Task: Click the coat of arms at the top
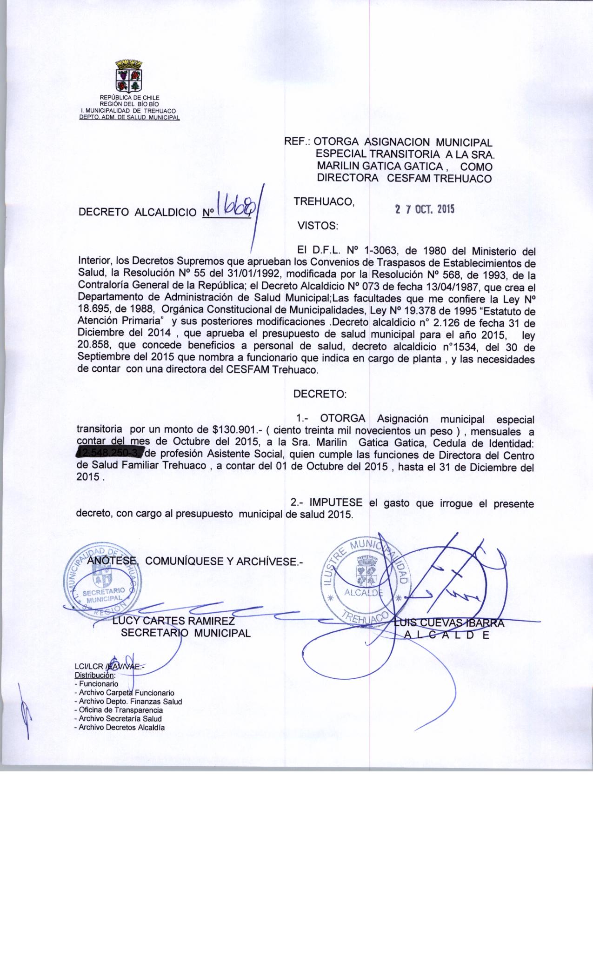[x=128, y=76]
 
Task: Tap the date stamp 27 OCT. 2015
[x=424, y=209]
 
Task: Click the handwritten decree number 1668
[x=235, y=210]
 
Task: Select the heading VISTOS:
[x=318, y=226]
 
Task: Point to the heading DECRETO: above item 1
[x=320, y=394]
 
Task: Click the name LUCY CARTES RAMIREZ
[x=173, y=621]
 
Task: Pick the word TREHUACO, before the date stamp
[x=325, y=201]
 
